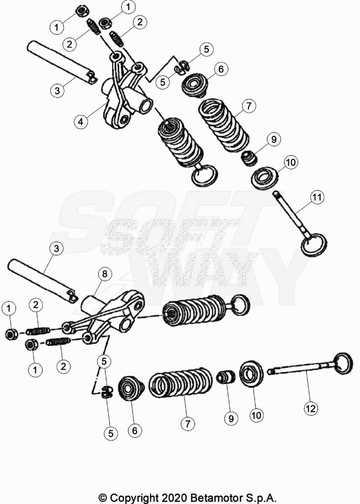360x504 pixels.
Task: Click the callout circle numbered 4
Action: click(x=81, y=122)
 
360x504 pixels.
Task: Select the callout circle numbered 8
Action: click(x=105, y=274)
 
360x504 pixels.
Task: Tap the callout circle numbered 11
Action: click(x=317, y=197)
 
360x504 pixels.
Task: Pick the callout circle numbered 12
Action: click(x=310, y=409)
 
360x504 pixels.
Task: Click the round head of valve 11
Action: click(x=313, y=245)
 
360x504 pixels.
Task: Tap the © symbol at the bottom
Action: click(x=102, y=498)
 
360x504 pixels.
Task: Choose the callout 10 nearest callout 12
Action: click(x=256, y=415)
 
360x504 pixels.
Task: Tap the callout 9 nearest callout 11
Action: click(x=274, y=139)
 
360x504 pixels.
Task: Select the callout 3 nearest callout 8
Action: click(x=57, y=249)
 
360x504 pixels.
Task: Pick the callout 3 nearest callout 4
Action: click(x=57, y=91)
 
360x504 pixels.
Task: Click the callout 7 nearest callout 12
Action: click(x=187, y=423)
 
